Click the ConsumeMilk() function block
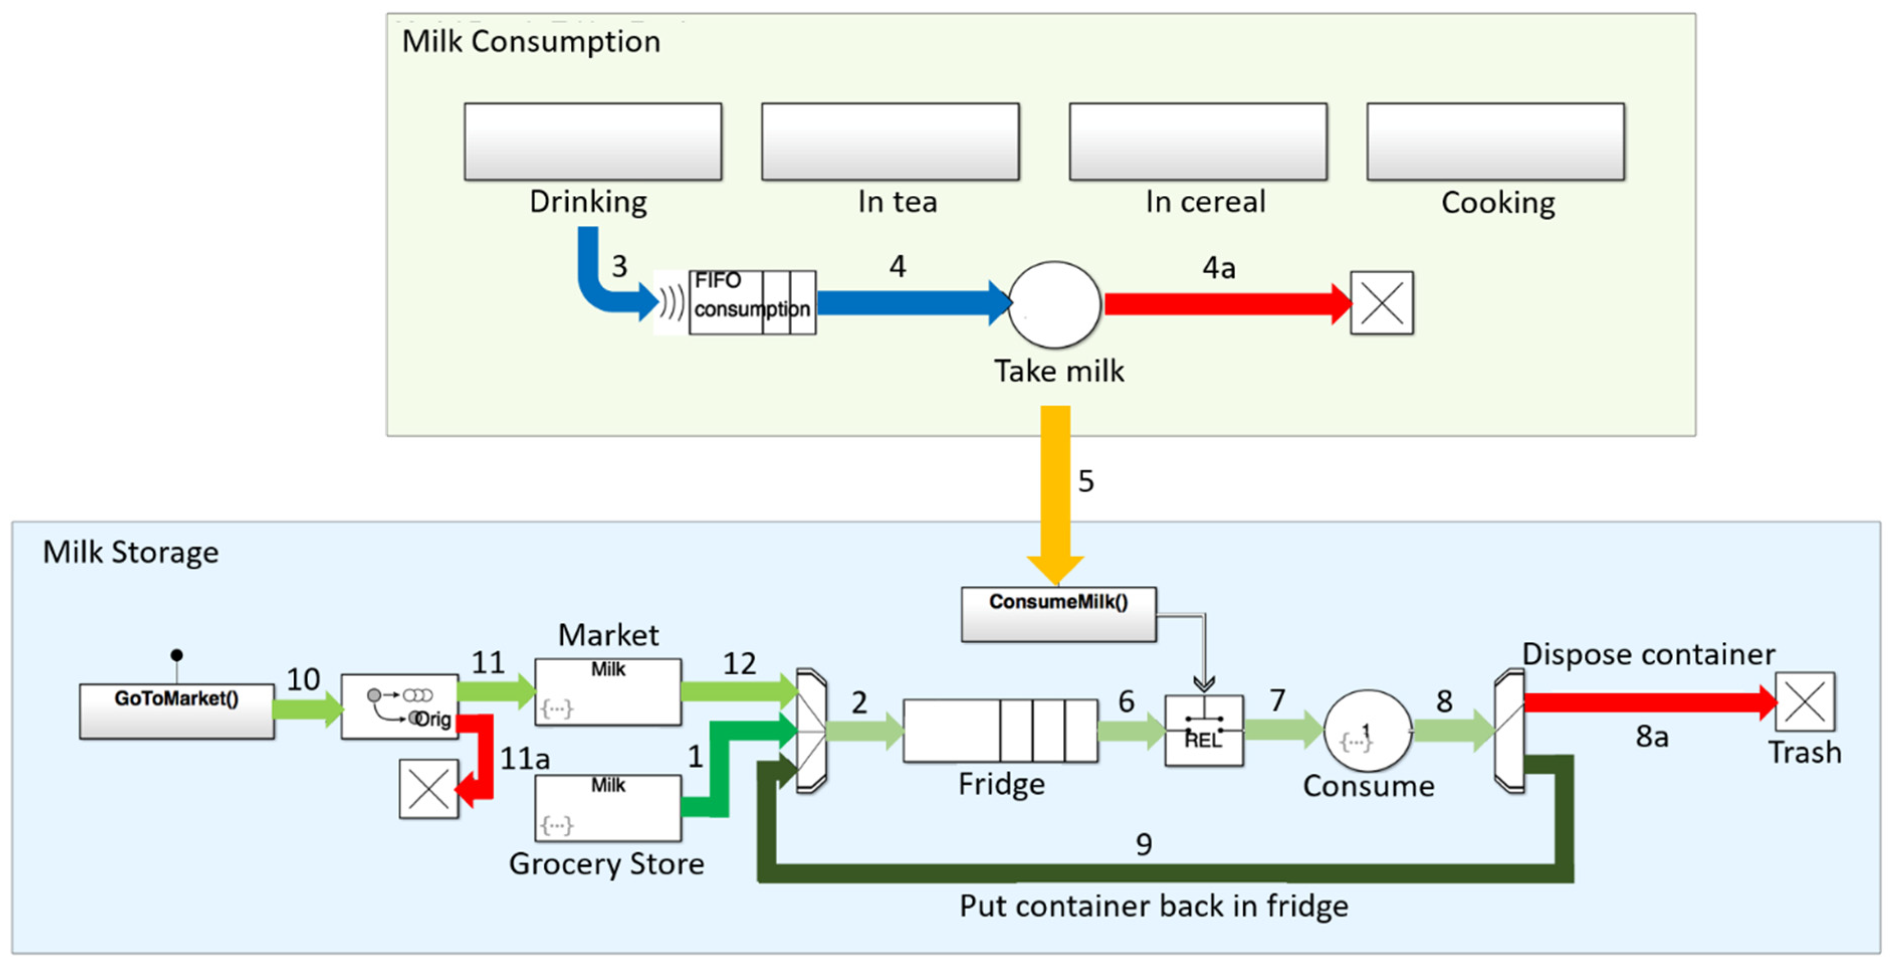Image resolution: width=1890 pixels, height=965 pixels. pyautogui.click(x=1058, y=614)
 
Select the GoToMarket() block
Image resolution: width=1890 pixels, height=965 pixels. pyautogui.click(x=177, y=710)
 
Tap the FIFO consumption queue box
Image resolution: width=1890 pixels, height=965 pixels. pyautogui.click(x=752, y=302)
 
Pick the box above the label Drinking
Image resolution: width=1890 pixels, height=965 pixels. pyautogui.click(x=592, y=141)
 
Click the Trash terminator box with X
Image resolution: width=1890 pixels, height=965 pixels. pyautogui.click(x=1804, y=702)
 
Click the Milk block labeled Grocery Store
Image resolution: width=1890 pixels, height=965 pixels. pyautogui.click(x=607, y=808)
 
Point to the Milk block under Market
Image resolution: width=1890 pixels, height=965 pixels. pyautogui.click(x=607, y=691)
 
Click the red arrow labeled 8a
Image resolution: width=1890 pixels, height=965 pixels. pyautogui.click(x=1644, y=702)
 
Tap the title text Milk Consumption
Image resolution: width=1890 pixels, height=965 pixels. pyautogui.click(x=531, y=42)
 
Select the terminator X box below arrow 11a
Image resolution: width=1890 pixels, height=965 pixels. pyautogui.click(x=429, y=789)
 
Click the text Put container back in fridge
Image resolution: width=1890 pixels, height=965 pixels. pyautogui.click(x=1154, y=906)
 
